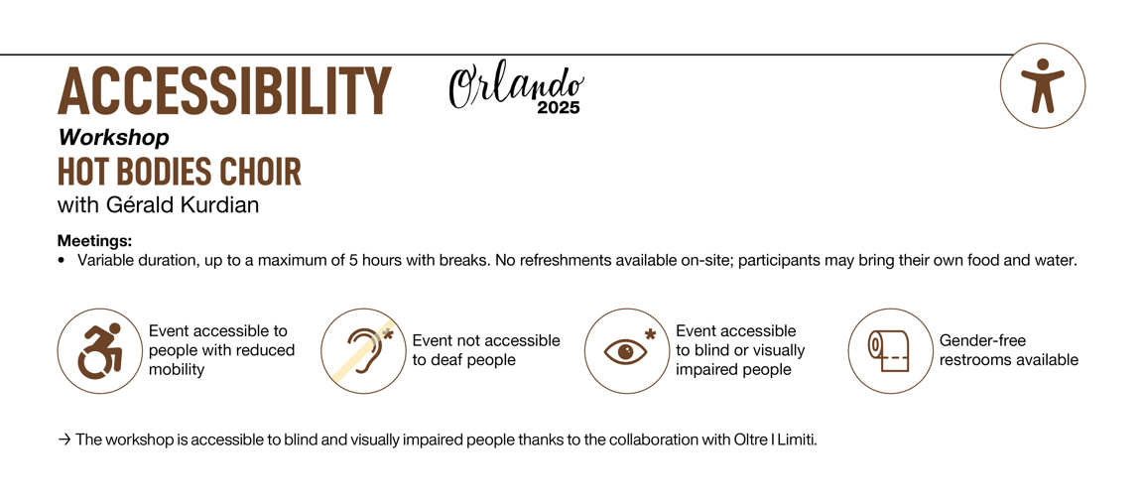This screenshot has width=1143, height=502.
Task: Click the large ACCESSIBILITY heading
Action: tap(224, 91)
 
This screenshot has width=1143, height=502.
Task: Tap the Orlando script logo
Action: tap(516, 87)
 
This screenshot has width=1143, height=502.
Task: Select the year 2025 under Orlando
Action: tap(559, 108)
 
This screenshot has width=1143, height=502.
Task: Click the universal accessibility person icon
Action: tap(1043, 85)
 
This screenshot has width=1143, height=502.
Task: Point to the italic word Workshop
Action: tap(114, 137)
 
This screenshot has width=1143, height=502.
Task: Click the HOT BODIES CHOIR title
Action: tap(180, 172)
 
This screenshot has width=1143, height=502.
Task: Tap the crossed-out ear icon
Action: tap(363, 350)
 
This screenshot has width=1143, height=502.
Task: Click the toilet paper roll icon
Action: tap(890, 350)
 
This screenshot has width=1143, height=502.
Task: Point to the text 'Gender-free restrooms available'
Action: tap(1009, 350)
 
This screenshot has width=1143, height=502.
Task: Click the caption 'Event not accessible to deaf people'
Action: tap(486, 350)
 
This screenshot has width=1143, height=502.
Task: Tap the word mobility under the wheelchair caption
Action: tap(177, 369)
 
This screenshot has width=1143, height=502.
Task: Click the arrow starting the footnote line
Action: tap(64, 440)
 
